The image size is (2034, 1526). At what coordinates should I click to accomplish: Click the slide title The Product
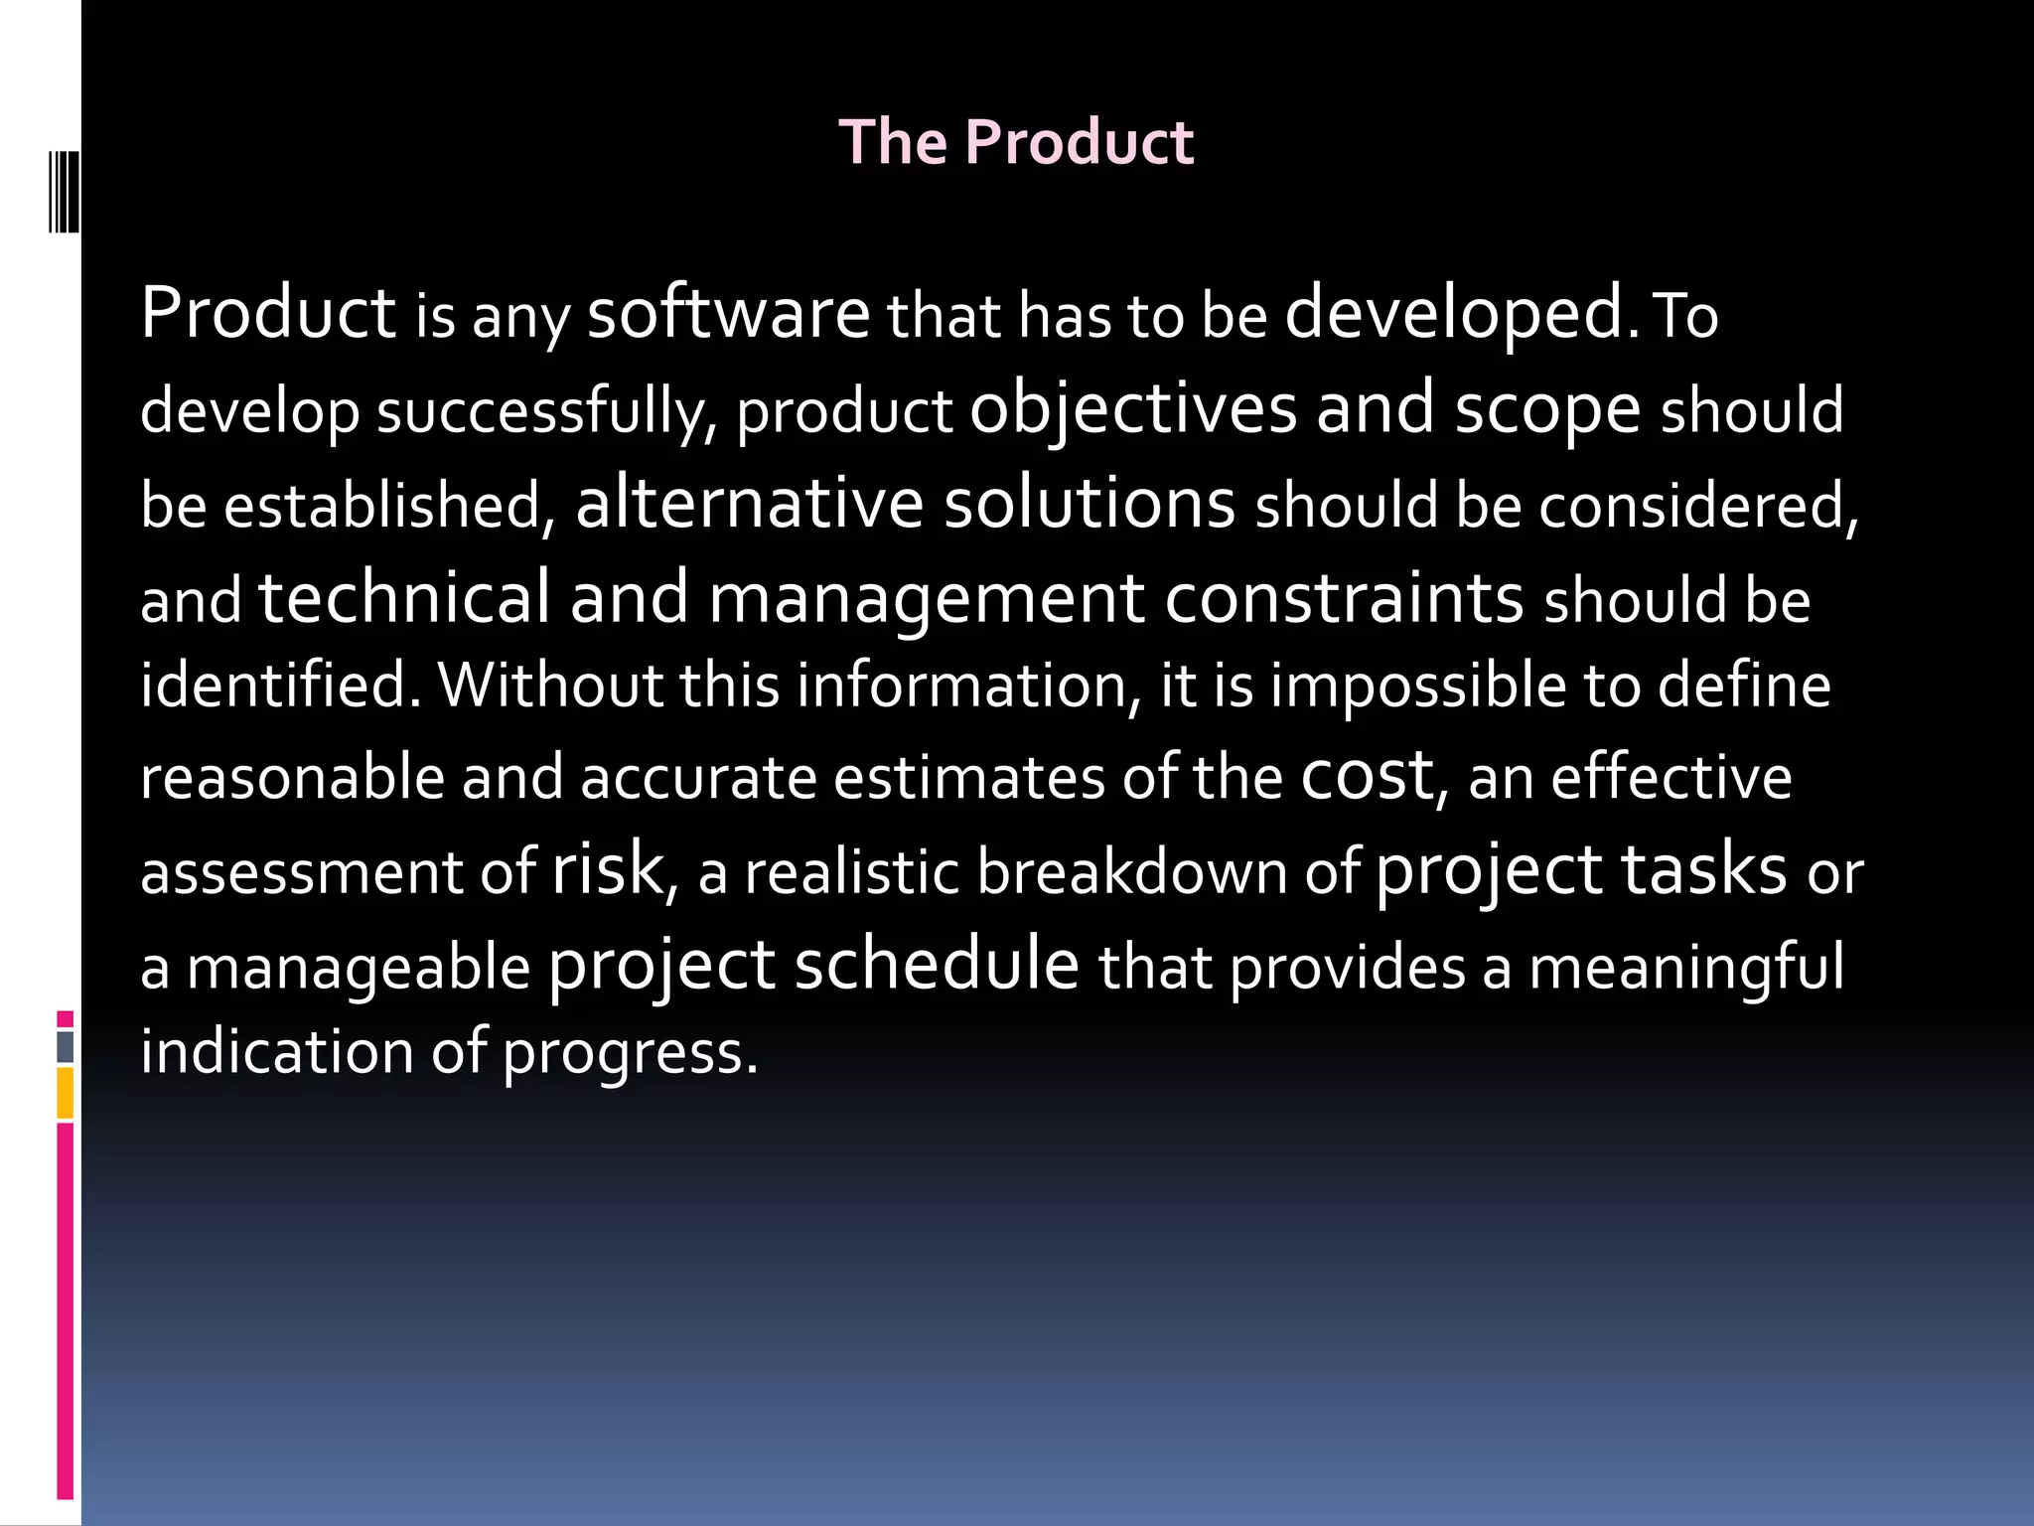tap(1016, 142)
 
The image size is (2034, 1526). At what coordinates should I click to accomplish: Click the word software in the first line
tap(728, 314)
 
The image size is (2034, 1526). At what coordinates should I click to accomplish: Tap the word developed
tap(1455, 314)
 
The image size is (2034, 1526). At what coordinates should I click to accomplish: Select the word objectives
tap(1133, 409)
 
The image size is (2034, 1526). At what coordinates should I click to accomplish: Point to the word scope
tap(1547, 409)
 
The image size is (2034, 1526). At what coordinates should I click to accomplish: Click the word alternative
tap(750, 503)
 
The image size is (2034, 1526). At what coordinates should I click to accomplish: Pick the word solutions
tap(1090, 503)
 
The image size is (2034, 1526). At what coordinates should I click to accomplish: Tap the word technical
tap(404, 598)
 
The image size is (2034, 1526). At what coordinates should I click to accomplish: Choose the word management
tap(927, 600)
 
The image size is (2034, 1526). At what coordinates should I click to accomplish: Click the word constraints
tap(1344, 598)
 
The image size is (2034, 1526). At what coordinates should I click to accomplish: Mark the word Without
tap(550, 686)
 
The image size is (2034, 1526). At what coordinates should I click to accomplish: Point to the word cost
tap(1367, 775)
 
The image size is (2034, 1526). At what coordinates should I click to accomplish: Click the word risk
tap(607, 869)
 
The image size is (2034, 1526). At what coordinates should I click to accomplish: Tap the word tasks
tap(1704, 869)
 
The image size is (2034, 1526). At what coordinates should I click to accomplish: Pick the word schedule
tap(937, 964)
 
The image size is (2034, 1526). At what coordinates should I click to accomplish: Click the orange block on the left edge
tap(66, 1093)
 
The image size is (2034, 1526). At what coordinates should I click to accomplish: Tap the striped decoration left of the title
tap(65, 192)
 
